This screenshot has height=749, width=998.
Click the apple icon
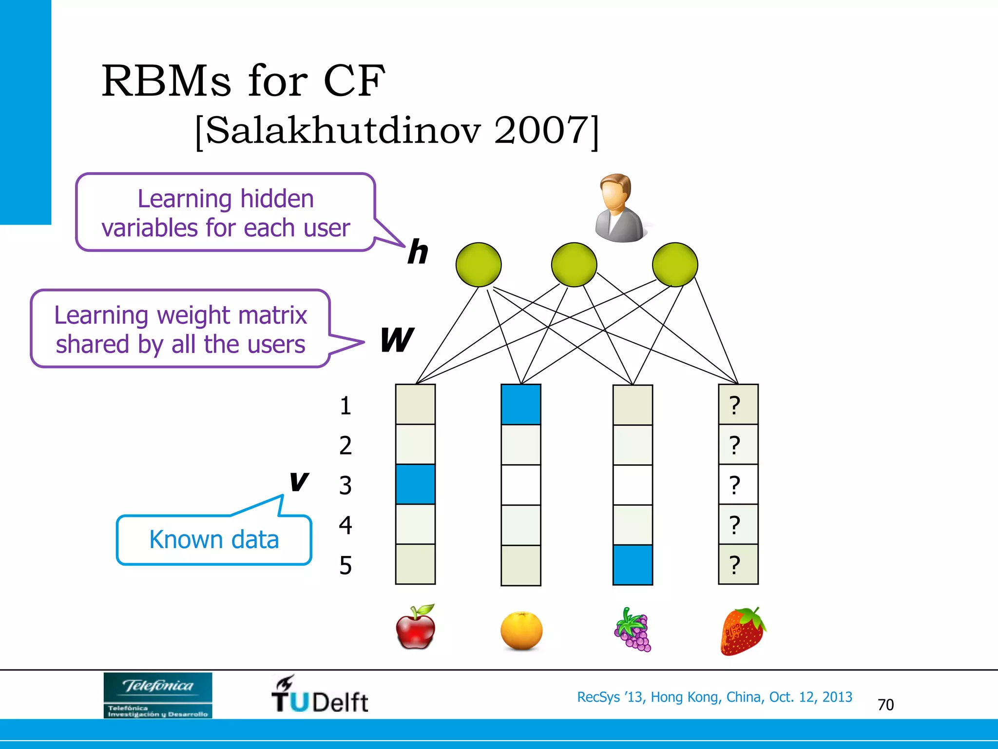coord(415,628)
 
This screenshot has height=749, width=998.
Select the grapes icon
coord(633,630)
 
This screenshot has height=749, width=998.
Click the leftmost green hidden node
coord(479,265)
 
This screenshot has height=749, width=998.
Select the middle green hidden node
coord(574,265)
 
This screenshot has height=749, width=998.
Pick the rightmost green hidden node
coord(675,265)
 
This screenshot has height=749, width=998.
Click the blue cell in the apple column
coord(415,484)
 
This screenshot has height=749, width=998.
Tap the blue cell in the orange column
coord(521,405)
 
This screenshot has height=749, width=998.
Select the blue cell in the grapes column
coord(633,565)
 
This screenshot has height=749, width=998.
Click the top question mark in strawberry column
coord(735,405)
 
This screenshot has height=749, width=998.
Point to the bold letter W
coord(397,340)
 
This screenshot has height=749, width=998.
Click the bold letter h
coord(418,253)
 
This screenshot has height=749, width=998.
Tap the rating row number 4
coord(345,525)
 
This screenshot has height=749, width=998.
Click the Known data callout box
coord(214,540)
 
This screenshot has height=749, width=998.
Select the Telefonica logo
coord(158,695)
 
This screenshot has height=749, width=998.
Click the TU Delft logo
coord(320,695)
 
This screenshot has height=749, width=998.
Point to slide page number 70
coord(885,705)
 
